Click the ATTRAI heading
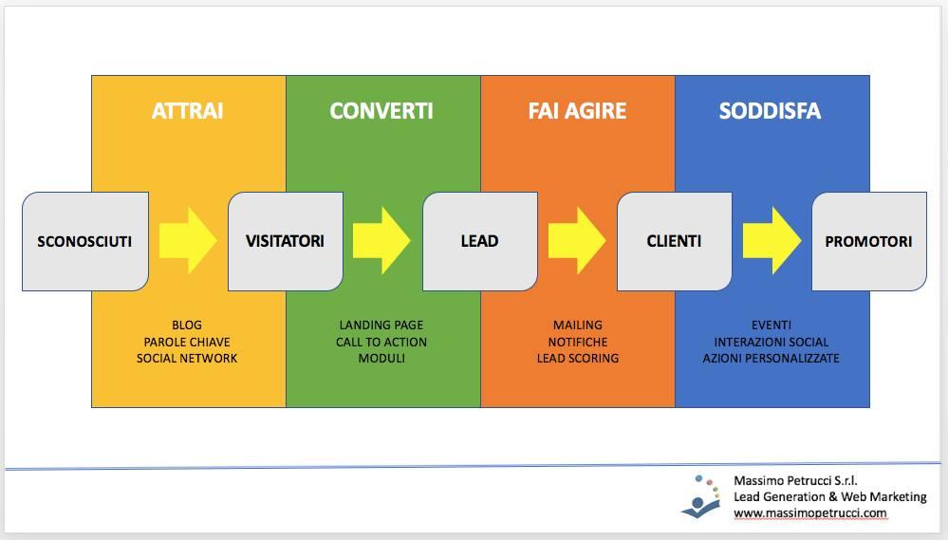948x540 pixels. [x=188, y=111]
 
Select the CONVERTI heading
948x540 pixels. [x=381, y=111]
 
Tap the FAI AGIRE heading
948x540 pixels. [x=577, y=111]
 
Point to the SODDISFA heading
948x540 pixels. [x=770, y=111]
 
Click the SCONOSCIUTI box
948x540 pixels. [x=85, y=241]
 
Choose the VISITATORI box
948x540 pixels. [x=286, y=241]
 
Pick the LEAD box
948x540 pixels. [x=480, y=241]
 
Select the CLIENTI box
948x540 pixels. [x=674, y=241]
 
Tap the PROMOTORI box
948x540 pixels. [x=869, y=241]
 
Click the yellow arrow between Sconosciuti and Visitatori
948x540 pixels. [x=188, y=241]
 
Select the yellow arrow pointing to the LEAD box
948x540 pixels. [x=381, y=241]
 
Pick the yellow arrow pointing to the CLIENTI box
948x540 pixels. [x=577, y=241]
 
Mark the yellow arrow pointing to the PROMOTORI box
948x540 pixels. [x=772, y=241]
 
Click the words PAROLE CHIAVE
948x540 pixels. [x=187, y=342]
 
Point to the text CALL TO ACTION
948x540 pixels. [x=381, y=342]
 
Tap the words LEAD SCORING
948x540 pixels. [x=578, y=358]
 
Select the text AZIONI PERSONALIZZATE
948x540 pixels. [x=771, y=358]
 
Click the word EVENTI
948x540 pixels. [x=771, y=326]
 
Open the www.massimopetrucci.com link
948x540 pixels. [x=810, y=513]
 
